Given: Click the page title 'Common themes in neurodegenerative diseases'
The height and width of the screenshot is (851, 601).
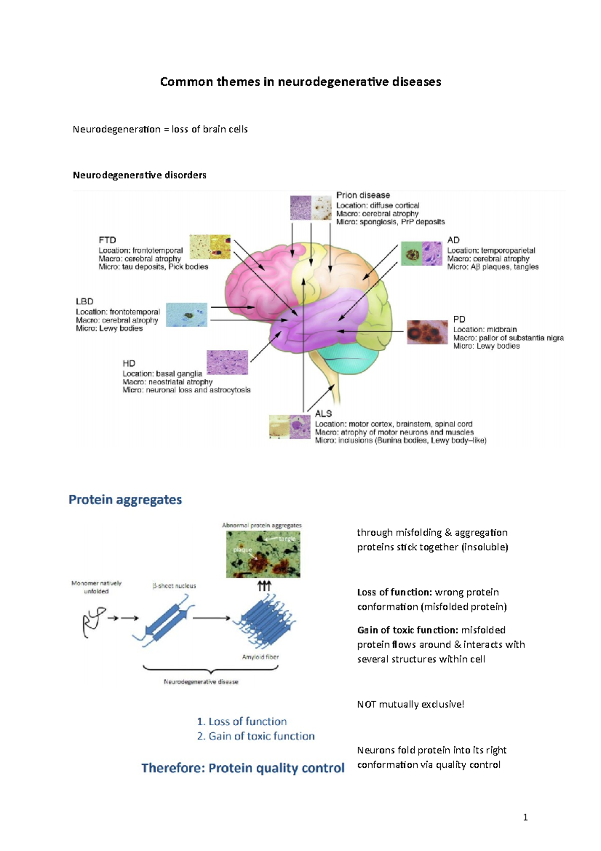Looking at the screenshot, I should click(x=300, y=82).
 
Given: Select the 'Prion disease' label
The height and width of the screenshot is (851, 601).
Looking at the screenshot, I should click(x=363, y=195).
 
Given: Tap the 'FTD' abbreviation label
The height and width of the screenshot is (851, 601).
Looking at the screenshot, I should click(x=107, y=240).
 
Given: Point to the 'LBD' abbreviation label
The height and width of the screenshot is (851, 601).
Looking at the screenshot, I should click(x=85, y=301).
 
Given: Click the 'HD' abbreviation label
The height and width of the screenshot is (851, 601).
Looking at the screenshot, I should click(x=129, y=363).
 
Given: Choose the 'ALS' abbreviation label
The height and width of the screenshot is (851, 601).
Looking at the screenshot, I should click(x=324, y=413).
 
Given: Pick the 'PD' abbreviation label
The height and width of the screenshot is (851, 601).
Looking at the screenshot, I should click(x=459, y=319).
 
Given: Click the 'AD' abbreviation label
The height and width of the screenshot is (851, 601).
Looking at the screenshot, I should click(x=453, y=240).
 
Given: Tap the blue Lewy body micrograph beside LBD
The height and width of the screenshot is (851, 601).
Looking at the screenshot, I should click(x=186, y=315).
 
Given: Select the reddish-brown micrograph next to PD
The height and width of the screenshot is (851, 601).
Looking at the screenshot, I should click(x=427, y=332).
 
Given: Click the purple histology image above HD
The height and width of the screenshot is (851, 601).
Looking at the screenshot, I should click(x=227, y=362).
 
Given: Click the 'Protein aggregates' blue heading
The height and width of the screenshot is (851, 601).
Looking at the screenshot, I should click(x=125, y=500).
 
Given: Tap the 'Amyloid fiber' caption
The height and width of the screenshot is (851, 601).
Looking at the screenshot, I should click(x=260, y=657).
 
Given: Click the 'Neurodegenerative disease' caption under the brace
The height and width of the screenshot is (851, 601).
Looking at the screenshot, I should click(x=201, y=682).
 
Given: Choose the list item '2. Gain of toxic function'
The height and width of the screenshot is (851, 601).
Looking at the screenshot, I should click(x=255, y=736).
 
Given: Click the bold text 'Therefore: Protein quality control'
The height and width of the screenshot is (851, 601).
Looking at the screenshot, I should click(x=243, y=768).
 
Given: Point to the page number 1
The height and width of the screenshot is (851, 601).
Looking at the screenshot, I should click(x=525, y=817).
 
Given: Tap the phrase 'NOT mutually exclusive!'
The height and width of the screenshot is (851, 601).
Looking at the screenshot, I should click(x=411, y=704).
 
